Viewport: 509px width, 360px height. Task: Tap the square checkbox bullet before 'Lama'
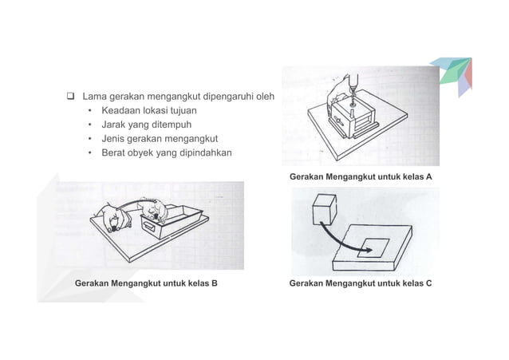[x=70, y=97]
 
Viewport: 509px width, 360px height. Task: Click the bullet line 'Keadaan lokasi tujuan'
[x=148, y=111]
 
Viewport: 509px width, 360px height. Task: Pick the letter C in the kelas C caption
[x=428, y=283]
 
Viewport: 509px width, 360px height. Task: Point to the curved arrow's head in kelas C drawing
[x=369, y=249]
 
